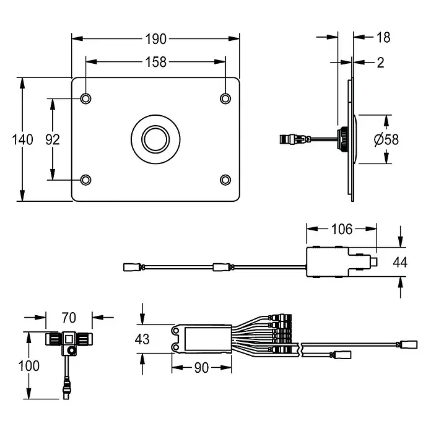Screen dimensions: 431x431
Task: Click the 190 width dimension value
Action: click(155, 39)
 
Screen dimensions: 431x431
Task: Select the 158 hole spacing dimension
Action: click(155, 62)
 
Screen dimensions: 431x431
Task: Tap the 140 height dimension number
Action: click(22, 139)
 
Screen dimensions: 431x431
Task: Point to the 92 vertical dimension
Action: click(53, 139)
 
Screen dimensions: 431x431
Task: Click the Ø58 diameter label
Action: click(386, 139)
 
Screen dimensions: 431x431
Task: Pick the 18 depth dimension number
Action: click(383, 37)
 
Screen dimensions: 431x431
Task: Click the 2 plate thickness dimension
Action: click(380, 63)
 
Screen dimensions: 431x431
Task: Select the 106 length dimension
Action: click(342, 229)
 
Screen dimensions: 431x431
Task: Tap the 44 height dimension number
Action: click(400, 262)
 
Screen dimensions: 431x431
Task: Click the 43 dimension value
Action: click(142, 339)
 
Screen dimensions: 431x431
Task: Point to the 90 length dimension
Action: click(201, 368)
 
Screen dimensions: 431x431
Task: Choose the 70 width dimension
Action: click(69, 318)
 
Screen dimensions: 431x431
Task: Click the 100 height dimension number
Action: click(28, 366)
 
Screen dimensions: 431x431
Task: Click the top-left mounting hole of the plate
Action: click(85, 98)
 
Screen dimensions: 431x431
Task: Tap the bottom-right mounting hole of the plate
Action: click(225, 180)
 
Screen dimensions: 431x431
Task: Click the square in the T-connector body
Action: click(69, 339)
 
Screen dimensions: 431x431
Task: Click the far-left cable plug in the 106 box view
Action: click(132, 267)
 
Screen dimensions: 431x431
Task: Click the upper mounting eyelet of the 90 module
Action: click(176, 330)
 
